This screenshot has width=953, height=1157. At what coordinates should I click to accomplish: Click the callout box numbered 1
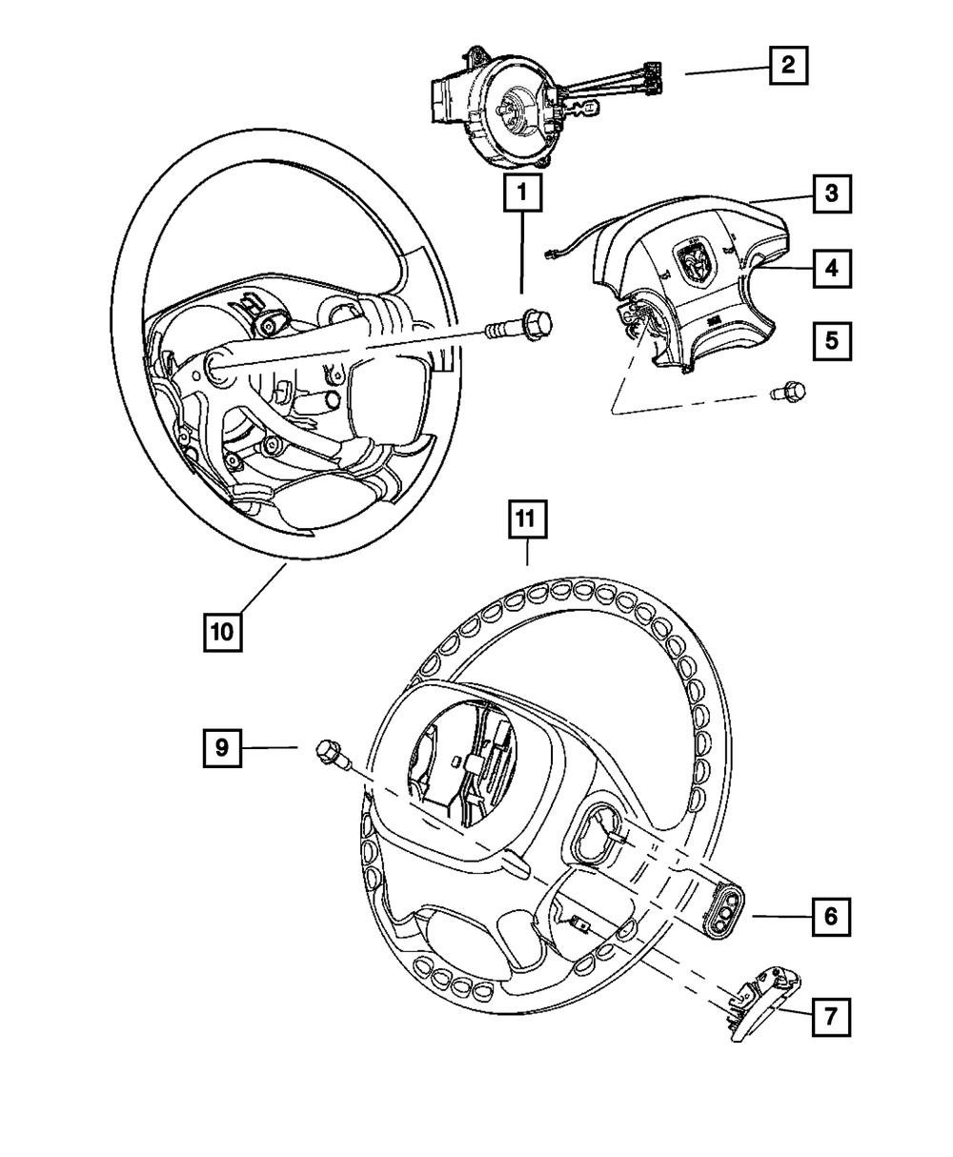(522, 195)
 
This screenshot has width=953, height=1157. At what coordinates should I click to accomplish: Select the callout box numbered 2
(787, 66)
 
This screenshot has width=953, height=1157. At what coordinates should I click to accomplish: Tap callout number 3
(831, 195)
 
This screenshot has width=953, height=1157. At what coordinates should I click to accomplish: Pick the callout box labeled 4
(831, 269)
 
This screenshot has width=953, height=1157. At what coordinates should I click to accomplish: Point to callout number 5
(831, 340)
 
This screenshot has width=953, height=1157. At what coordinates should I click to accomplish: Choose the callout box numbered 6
(830, 917)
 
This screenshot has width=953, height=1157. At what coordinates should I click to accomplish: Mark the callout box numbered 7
(830, 1017)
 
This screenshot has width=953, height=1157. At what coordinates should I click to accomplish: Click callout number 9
(221, 748)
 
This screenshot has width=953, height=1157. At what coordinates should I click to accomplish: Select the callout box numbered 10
(221, 631)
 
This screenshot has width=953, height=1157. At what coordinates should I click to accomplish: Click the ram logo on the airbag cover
(693, 260)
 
